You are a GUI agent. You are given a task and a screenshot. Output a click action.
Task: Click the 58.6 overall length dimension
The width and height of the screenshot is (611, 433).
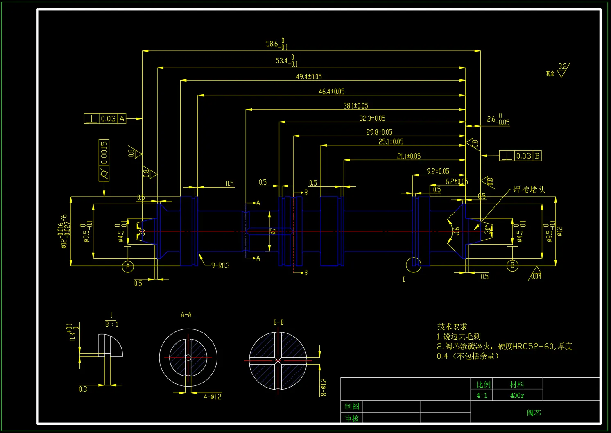277,44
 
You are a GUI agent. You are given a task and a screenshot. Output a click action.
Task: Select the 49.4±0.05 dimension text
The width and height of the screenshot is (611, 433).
309,77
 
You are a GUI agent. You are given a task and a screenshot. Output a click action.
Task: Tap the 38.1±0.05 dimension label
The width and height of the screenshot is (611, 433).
355,106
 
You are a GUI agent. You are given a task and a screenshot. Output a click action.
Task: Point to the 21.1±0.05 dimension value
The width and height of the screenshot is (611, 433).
409,156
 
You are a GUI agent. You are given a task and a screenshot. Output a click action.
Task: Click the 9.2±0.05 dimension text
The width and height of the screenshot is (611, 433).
438,171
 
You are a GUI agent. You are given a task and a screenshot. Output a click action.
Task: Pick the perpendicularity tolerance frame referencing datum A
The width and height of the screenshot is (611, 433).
105,119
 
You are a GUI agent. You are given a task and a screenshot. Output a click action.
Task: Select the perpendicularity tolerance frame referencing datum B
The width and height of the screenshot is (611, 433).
520,156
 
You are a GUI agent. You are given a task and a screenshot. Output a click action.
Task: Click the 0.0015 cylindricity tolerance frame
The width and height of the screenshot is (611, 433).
104,160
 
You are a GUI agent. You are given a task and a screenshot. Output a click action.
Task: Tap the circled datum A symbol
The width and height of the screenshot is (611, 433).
128,267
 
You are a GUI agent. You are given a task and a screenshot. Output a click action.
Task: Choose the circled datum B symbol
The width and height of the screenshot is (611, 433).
512,265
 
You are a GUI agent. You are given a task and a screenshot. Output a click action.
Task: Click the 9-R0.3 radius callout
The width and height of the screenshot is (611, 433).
220,265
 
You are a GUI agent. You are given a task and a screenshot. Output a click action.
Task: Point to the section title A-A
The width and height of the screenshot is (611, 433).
186,315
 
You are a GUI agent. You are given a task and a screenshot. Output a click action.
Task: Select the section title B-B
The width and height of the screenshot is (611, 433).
278,322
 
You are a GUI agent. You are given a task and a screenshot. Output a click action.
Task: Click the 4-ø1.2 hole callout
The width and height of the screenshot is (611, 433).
212,397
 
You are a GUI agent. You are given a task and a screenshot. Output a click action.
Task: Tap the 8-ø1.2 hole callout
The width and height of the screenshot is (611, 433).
324,387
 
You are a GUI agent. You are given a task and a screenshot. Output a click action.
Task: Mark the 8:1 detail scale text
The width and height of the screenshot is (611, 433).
111,324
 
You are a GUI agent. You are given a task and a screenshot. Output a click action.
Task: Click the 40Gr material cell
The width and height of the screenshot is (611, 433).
517,395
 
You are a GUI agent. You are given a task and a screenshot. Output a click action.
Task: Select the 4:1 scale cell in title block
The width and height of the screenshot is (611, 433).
482,395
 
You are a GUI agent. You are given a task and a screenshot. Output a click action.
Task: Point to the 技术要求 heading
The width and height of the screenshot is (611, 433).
452,326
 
